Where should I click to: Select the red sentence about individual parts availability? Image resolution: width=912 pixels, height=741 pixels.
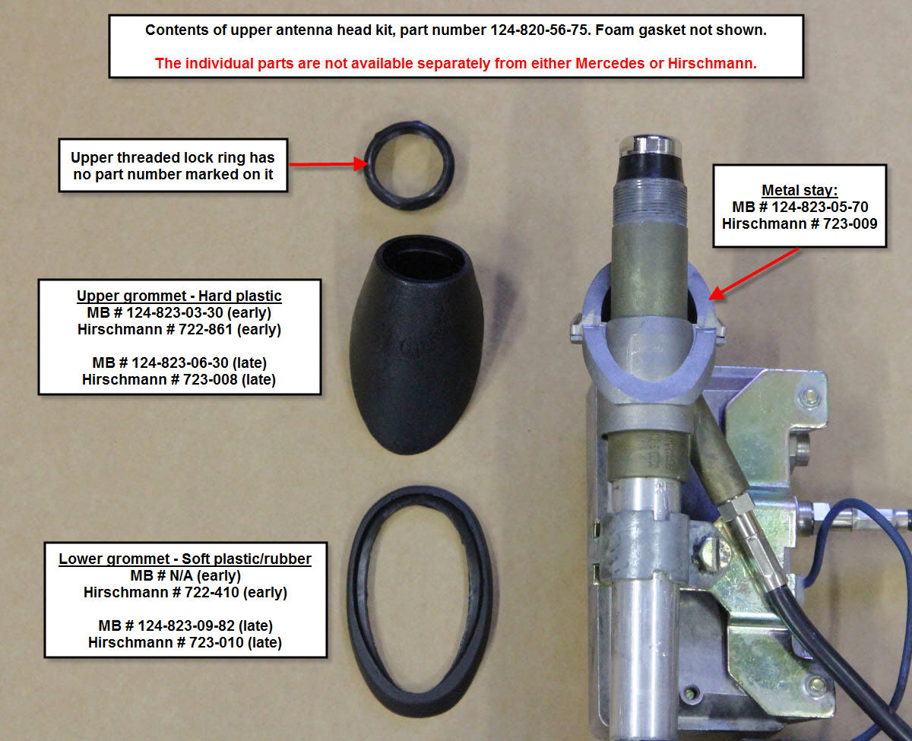pyautogui.click(x=455, y=63)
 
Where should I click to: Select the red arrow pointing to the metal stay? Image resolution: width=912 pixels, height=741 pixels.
pyautogui.click(x=754, y=274)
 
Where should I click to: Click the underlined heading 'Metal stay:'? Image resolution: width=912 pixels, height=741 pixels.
pyautogui.click(x=800, y=190)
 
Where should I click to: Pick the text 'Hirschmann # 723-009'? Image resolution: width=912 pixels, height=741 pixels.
pyautogui.click(x=800, y=223)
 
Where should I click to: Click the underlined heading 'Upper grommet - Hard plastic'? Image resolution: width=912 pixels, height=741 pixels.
pyautogui.click(x=179, y=296)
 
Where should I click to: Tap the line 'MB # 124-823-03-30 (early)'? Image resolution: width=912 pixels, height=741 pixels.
pyautogui.click(x=179, y=312)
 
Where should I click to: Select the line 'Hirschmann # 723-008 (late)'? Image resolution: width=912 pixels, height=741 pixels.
pyautogui.click(x=179, y=379)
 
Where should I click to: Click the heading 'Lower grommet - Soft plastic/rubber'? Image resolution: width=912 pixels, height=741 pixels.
pyautogui.click(x=185, y=559)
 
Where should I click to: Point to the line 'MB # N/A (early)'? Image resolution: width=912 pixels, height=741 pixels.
pyautogui.click(x=185, y=575)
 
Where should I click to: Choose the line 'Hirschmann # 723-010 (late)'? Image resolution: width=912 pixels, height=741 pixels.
pyautogui.click(x=185, y=642)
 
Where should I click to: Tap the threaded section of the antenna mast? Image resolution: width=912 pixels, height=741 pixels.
pyautogui.click(x=650, y=201)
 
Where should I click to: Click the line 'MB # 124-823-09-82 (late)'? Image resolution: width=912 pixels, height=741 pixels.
pyautogui.click(x=185, y=625)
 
